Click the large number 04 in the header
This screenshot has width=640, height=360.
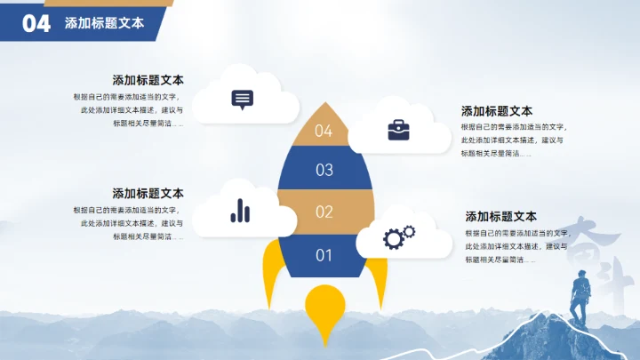pyautogui.click(x=36, y=24)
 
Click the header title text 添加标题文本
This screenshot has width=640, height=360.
pyautogui.click(x=104, y=24)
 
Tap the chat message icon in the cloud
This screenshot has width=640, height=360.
pyautogui.click(x=242, y=99)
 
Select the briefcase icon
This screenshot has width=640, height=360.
pyautogui.click(x=398, y=131)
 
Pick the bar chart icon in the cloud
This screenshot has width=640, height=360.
pyautogui.click(x=240, y=211)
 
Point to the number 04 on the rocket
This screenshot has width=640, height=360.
pyautogui.click(x=324, y=131)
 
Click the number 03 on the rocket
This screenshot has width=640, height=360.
pyautogui.click(x=324, y=169)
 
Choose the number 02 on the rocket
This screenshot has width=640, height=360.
pyautogui.click(x=324, y=212)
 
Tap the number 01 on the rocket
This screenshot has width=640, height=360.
pyautogui.click(x=324, y=255)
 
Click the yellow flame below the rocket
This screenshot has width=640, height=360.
pyautogui.click(x=324, y=311)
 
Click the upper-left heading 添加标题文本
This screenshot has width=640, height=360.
pyautogui.click(x=148, y=80)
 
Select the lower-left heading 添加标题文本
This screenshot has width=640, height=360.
pyautogui.click(x=148, y=193)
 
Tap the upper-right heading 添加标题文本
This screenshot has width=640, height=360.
pyautogui.click(x=497, y=111)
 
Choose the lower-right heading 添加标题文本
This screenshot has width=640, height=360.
pyautogui.click(x=501, y=216)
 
